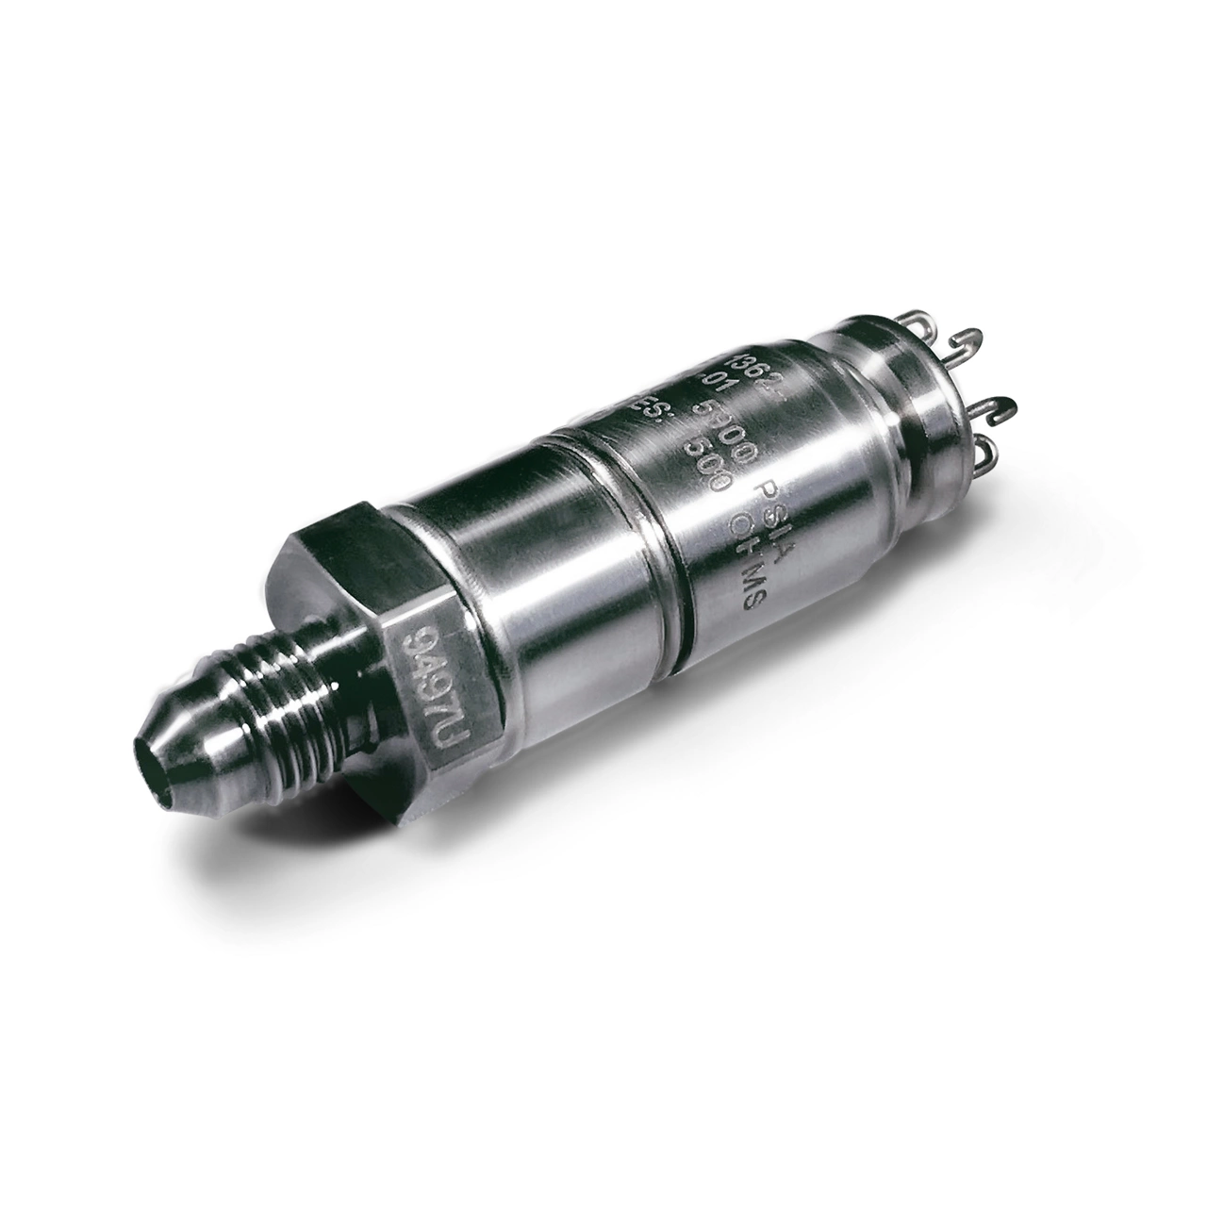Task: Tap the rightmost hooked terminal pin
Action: pyautogui.click(x=1004, y=405)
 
